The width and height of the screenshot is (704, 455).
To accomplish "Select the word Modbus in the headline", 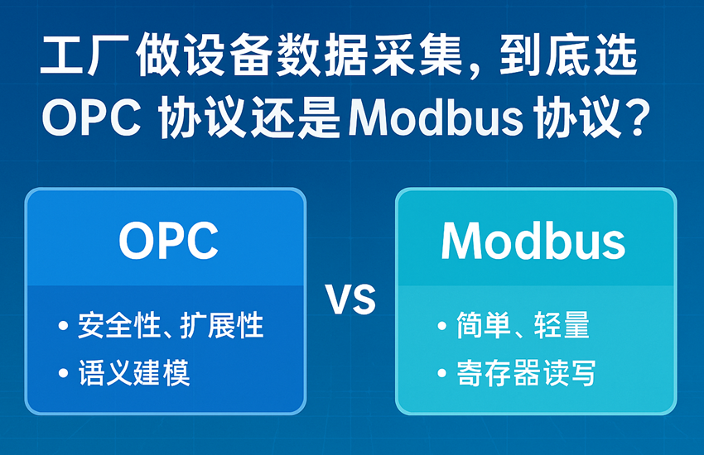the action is click(x=436, y=118).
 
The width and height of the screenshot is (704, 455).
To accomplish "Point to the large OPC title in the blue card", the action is click(x=168, y=240).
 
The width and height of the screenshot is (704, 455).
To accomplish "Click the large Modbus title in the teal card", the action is click(x=533, y=240).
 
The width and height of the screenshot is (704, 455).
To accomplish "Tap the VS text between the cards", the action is click(x=351, y=299).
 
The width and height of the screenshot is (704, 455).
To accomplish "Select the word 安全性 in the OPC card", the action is click(x=119, y=325).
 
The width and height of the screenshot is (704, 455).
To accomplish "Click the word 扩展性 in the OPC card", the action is click(x=221, y=325).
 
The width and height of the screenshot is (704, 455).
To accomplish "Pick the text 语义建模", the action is click(x=134, y=372).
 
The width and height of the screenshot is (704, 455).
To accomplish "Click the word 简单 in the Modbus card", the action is click(x=484, y=325).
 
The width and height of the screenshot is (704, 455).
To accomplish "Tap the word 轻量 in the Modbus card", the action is click(x=562, y=325).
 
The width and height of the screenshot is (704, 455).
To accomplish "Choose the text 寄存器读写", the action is click(x=526, y=372).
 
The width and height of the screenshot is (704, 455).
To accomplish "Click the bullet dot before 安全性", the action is click(x=63, y=325).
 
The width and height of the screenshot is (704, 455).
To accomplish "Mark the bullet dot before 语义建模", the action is click(x=63, y=373).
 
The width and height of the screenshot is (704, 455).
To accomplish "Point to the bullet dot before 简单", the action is click(x=442, y=325).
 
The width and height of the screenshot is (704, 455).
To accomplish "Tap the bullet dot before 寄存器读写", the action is click(x=442, y=373).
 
